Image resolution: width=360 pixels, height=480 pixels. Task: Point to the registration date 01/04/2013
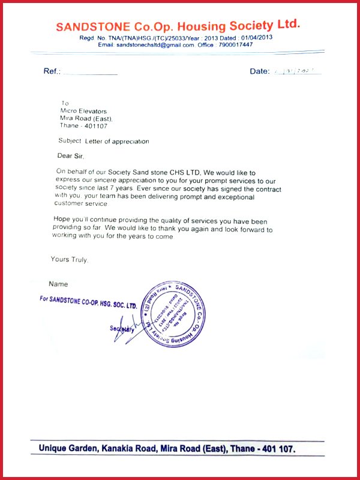click(256, 37)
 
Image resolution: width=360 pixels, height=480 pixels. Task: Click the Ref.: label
click(52, 71)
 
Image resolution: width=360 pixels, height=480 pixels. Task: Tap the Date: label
click(260, 71)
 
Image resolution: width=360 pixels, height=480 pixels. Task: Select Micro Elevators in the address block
click(83, 111)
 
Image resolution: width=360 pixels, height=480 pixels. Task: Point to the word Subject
click(70, 142)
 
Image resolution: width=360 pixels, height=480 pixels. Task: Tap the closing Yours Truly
click(70, 259)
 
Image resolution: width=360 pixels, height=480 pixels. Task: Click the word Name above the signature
click(58, 284)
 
